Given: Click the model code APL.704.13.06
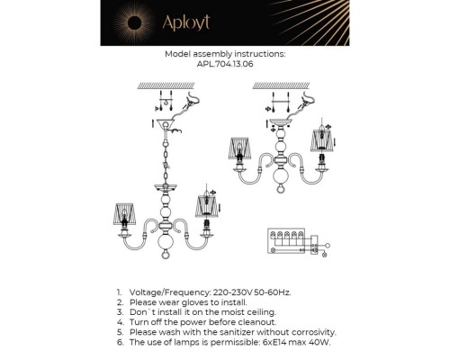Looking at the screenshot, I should (225, 64).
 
